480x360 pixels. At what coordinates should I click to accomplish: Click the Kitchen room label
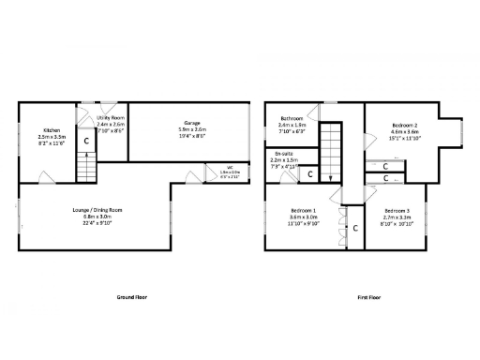coord(52,130)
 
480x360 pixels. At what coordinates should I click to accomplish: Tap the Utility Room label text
coord(111,117)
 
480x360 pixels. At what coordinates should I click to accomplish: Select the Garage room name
coord(192,123)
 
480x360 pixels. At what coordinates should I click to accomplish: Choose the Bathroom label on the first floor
coord(291,117)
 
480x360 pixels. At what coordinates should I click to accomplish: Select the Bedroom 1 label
coord(302,210)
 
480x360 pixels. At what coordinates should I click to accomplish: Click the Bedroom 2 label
coord(404,125)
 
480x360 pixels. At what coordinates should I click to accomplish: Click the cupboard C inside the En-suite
coord(310,174)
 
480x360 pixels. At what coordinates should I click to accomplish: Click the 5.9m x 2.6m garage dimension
coord(192,129)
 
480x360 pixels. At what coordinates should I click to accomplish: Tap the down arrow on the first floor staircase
coord(329,175)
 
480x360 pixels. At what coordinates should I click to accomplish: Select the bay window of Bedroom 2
coord(459,132)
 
